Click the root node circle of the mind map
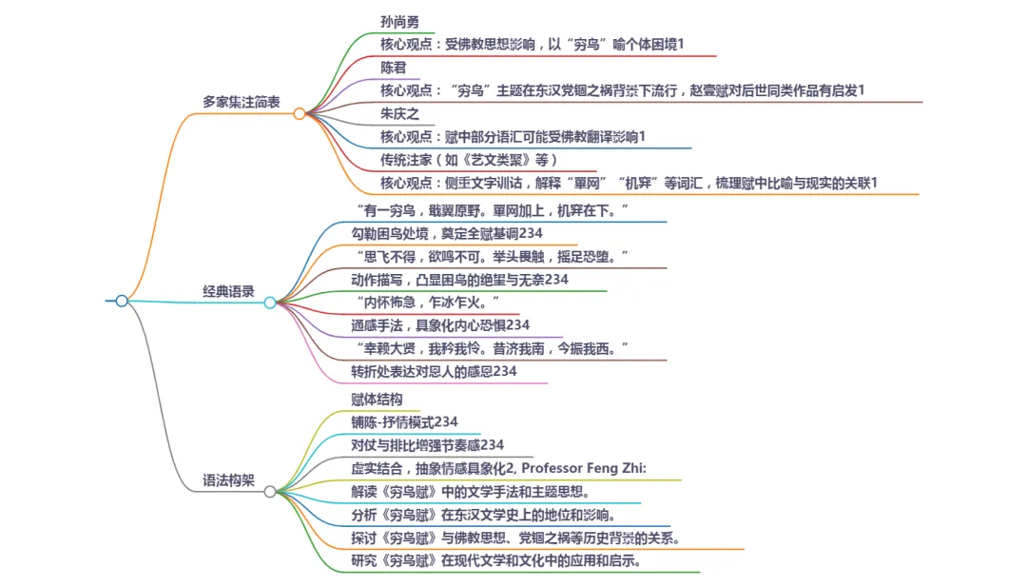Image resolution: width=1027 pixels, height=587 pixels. (x=122, y=301)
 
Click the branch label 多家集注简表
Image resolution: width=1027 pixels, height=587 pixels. (x=241, y=102)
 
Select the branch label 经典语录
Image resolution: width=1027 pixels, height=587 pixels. (x=228, y=292)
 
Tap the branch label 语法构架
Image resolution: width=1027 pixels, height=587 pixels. (x=228, y=480)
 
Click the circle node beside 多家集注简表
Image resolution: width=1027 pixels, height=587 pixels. (x=299, y=113)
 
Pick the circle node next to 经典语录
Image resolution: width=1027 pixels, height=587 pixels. (x=270, y=303)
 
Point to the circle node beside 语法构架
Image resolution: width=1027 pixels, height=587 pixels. (x=270, y=491)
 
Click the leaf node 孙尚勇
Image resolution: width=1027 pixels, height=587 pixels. (x=398, y=22)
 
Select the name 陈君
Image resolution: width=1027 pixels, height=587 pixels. (x=394, y=68)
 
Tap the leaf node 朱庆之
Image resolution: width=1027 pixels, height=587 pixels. (x=399, y=113)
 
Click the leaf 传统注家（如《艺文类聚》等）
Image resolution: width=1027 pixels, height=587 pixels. (x=468, y=159)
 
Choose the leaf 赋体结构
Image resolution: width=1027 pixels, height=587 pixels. (x=377, y=400)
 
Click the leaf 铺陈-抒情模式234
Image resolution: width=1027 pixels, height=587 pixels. (x=404, y=422)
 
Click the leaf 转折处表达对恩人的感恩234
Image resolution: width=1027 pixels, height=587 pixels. (x=434, y=371)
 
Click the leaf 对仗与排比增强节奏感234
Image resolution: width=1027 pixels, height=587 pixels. (x=427, y=445)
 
